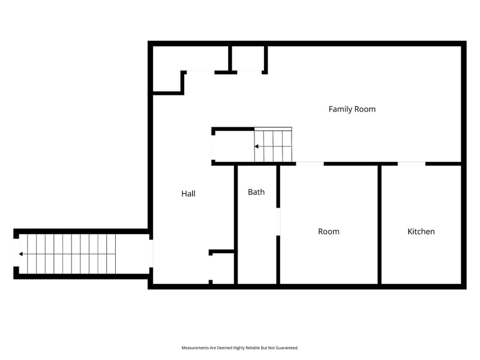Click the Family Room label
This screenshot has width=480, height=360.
tap(352, 109)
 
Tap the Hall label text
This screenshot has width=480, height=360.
tap(188, 194)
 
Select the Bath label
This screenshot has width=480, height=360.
tap(256, 192)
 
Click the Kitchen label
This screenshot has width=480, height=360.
tap(421, 232)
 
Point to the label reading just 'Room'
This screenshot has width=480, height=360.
tap(328, 232)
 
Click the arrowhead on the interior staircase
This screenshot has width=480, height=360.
tap(257, 146)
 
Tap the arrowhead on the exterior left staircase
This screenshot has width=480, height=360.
tap(21, 254)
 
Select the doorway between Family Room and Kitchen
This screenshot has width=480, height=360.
tap(412, 163)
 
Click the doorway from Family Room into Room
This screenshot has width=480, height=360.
tap(310, 163)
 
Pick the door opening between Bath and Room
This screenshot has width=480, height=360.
tap(278, 221)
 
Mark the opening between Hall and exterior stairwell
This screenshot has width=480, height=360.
tap(151, 253)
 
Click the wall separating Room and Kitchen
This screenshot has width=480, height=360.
tap(379, 225)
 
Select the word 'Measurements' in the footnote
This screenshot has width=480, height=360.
tap(196, 348)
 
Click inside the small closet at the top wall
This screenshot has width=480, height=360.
tap(247, 58)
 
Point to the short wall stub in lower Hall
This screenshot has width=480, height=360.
tap(221, 252)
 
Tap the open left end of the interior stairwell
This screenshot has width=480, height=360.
tap(213, 146)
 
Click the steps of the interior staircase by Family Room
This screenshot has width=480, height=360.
tap(273, 146)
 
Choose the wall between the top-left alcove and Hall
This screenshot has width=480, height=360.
tap(167, 93)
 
